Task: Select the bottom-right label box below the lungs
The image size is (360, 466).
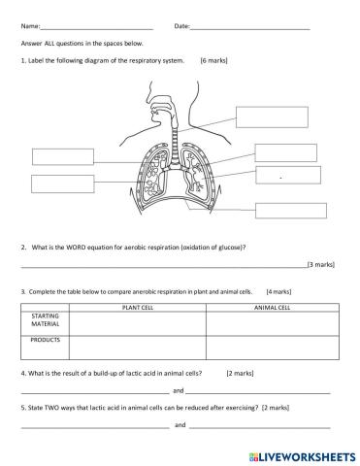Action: (290, 210)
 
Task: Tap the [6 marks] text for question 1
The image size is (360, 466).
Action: (213, 60)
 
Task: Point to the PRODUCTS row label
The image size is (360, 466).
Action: (46, 342)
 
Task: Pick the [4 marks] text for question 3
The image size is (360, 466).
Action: (279, 290)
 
